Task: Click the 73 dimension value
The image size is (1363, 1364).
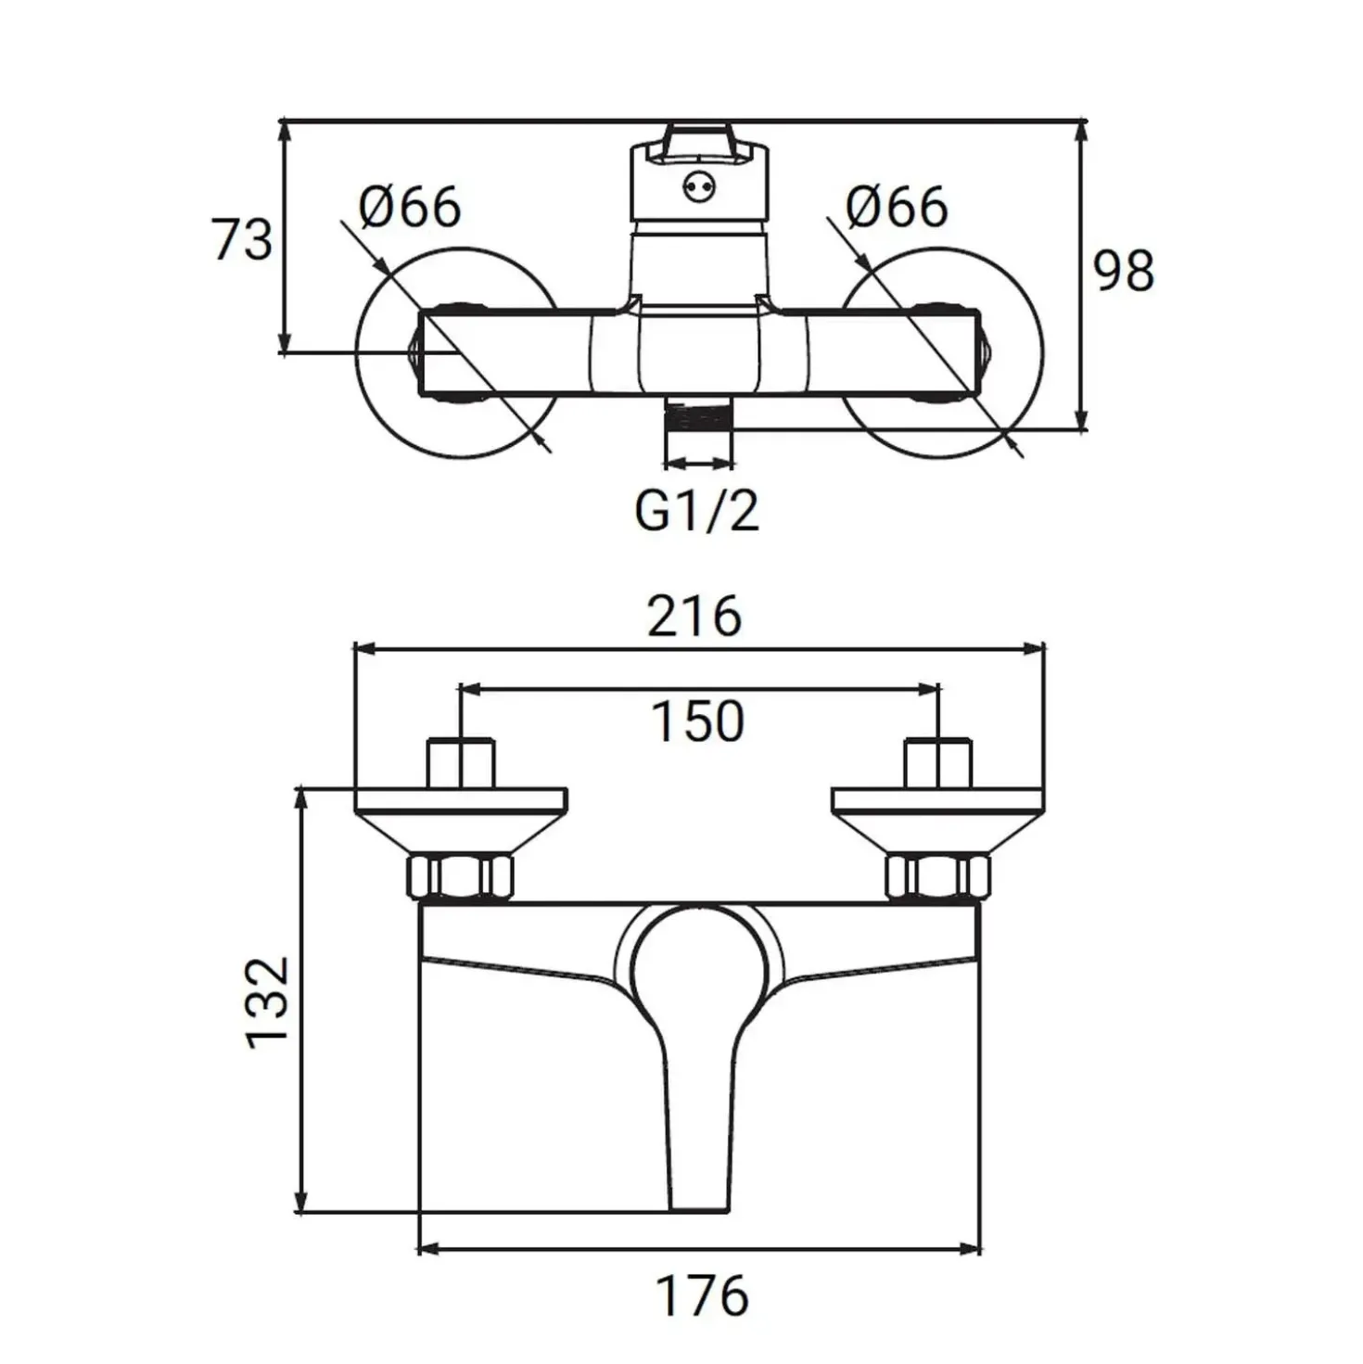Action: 242,239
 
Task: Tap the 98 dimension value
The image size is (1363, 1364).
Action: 1124,270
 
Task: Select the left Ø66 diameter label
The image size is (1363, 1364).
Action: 410,206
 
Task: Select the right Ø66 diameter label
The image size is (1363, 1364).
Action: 897,206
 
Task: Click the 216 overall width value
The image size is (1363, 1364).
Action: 694,616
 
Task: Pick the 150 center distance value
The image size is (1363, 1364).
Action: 697,721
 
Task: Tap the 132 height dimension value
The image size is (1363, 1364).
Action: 267,1010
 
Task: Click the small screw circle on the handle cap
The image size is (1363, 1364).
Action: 698,187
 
